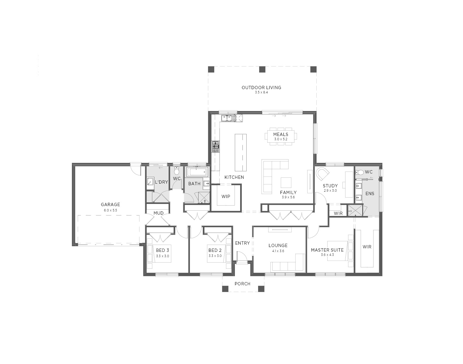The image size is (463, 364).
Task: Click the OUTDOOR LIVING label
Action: [261, 88]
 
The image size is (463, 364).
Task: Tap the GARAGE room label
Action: [110, 204]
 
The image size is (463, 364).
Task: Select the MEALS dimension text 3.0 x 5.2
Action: [281, 139]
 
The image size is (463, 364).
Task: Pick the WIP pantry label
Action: [226, 196]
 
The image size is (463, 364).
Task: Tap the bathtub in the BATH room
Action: [197, 172]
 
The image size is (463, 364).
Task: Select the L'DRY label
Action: [161, 182]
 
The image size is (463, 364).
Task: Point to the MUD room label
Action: [158, 213]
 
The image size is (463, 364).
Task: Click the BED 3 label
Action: [162, 250]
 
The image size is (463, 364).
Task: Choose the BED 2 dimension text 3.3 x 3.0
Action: [215, 256]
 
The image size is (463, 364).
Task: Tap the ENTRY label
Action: [242, 243]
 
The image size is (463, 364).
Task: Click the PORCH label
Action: [242, 284]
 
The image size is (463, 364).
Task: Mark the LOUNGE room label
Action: [278, 245]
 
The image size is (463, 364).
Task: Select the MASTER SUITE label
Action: [327, 250]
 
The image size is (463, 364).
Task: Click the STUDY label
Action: [330, 185]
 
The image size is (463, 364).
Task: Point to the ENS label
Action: [370, 194]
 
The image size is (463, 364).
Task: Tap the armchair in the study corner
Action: [322, 174]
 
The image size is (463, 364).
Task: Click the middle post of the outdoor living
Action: [262, 70]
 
